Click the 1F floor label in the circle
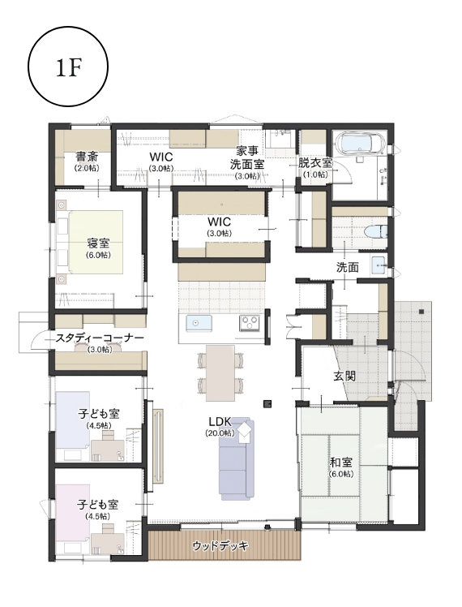pyautogui.click(x=68, y=68)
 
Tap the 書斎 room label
pyautogui.click(x=87, y=157)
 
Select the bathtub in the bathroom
pyautogui.click(x=359, y=144)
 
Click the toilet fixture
pyautogui.click(x=376, y=231)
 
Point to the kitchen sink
pyautogui.click(x=199, y=323)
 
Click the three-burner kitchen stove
pyautogui.click(x=250, y=323)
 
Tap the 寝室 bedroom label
pyautogui.click(x=98, y=243)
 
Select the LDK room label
pyautogui.click(x=220, y=421)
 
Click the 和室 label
pyautogui.click(x=341, y=463)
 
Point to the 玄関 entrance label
pyautogui.click(x=344, y=376)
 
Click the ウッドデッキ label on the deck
pyautogui.click(x=220, y=546)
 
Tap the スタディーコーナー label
pyautogui.click(x=100, y=338)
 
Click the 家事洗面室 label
pyautogui.click(x=247, y=157)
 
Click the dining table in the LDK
pyautogui.click(x=220, y=372)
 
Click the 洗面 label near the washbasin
pyautogui.click(x=347, y=267)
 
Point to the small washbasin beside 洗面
pyautogui.click(x=379, y=265)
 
